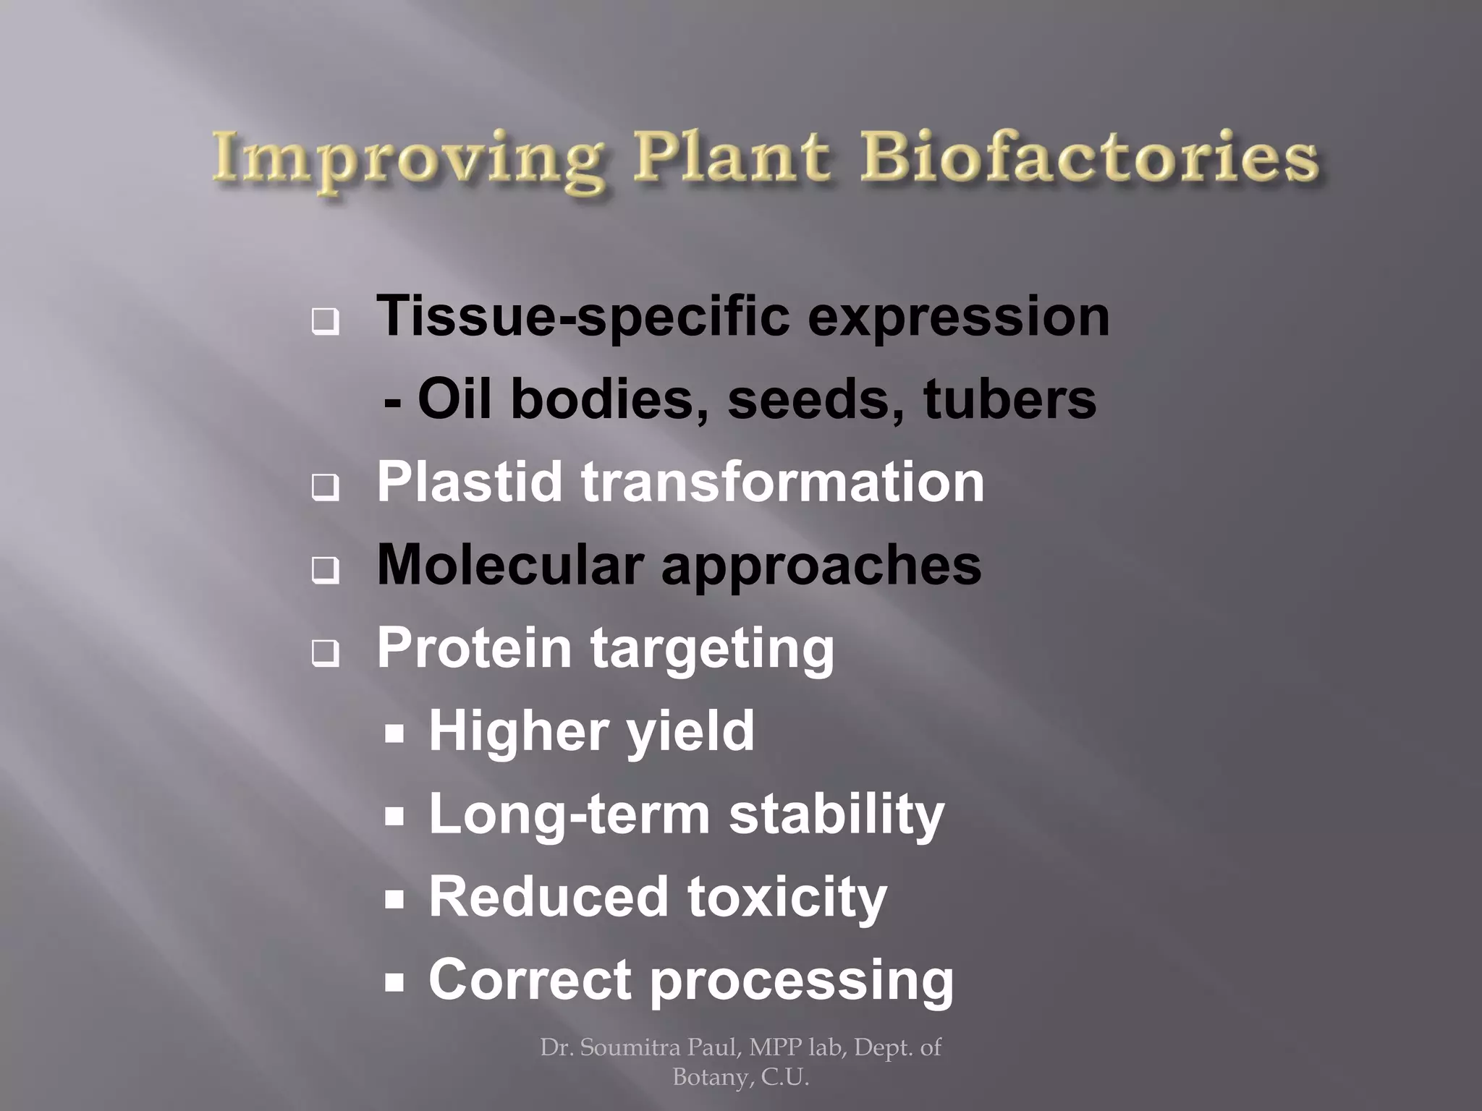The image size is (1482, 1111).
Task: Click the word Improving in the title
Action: (409, 161)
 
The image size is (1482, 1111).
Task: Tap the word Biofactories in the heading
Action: (1089, 158)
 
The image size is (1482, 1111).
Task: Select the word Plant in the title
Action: (731, 158)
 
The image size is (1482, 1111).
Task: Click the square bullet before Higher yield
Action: (394, 735)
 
